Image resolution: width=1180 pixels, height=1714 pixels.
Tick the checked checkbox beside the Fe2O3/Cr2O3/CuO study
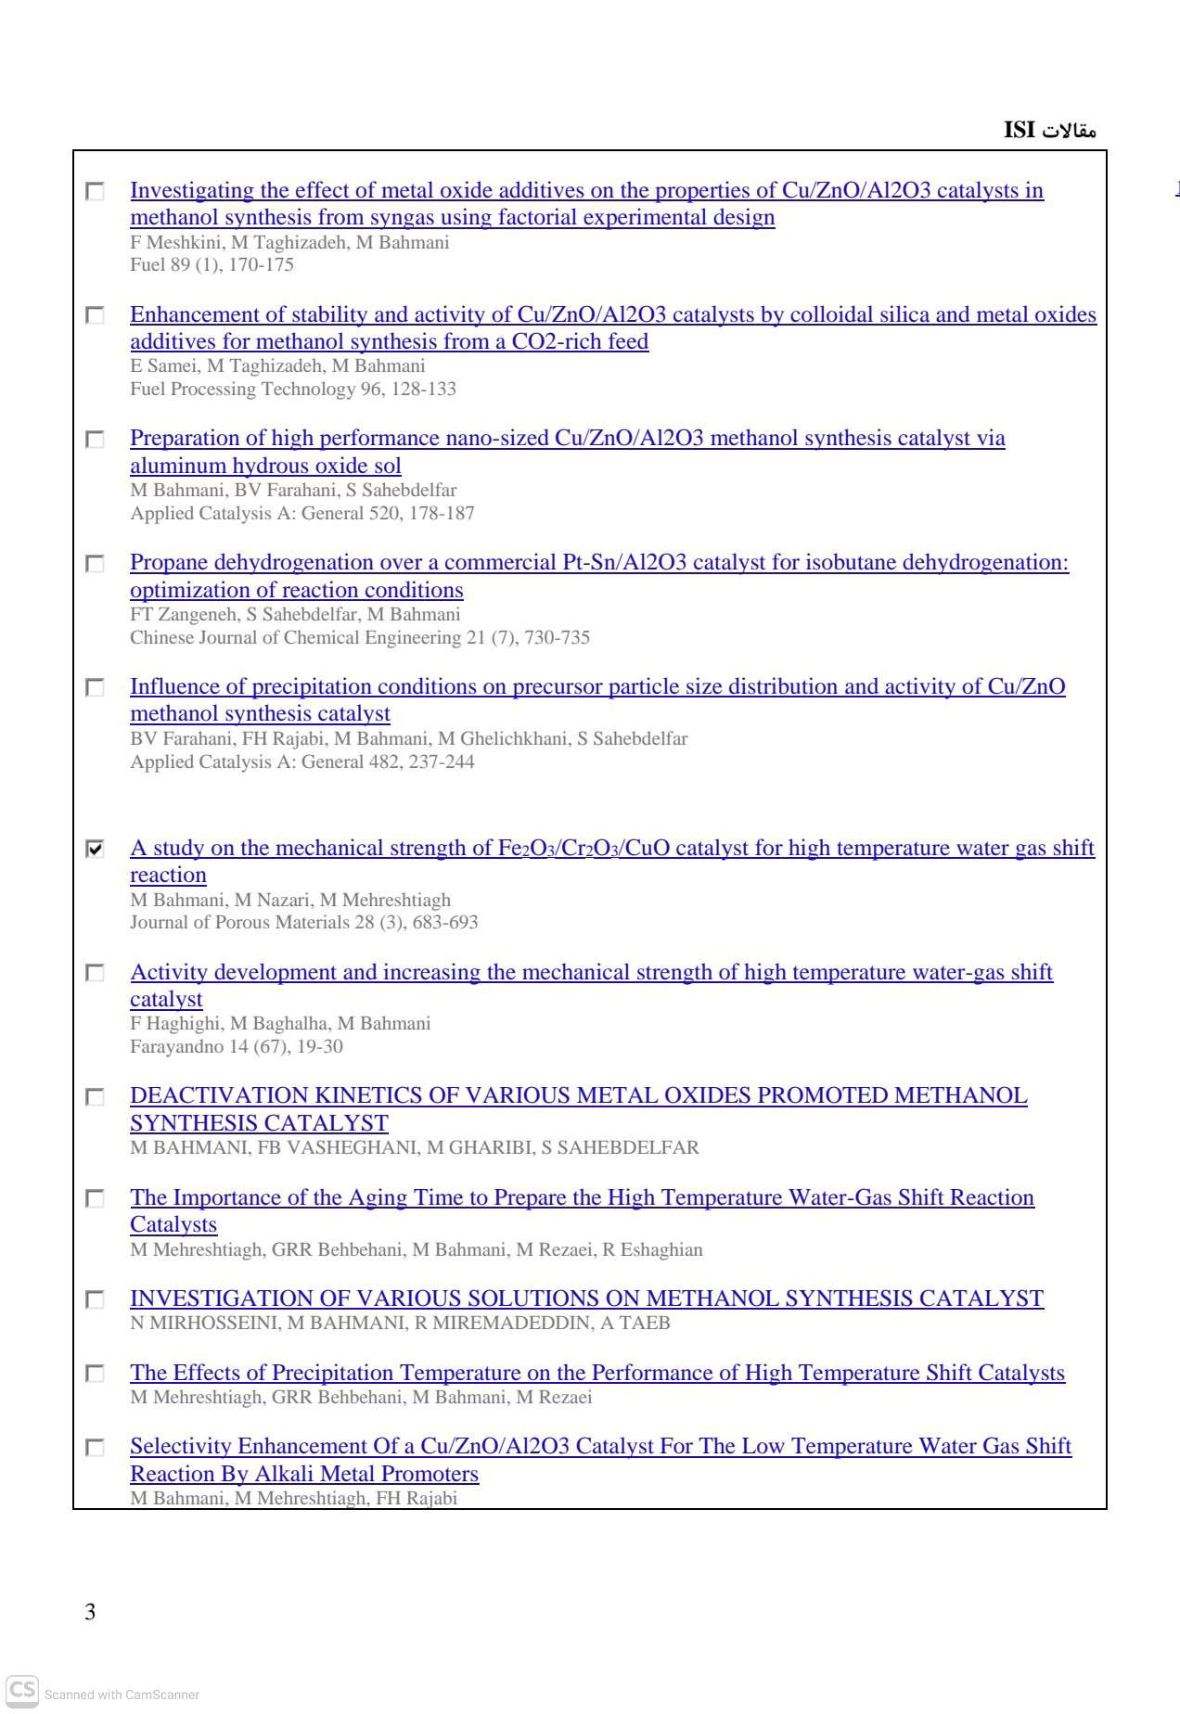click(x=95, y=849)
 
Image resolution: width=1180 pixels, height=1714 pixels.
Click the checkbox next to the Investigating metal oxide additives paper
click(x=95, y=192)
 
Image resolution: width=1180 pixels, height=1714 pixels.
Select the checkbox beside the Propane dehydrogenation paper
click(x=95, y=564)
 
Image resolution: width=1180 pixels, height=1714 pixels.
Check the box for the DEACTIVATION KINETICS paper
click(x=95, y=1097)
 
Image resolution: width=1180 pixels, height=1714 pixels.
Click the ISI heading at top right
click(x=1049, y=130)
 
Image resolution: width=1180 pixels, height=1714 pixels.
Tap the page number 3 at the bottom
click(x=90, y=1612)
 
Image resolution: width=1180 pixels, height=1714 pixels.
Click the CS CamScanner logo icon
click(x=22, y=1689)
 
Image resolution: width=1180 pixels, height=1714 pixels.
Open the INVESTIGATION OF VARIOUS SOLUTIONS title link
click(x=586, y=1298)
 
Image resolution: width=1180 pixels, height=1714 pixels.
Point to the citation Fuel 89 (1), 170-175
click(x=212, y=265)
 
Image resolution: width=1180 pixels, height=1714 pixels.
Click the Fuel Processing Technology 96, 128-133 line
click(x=293, y=390)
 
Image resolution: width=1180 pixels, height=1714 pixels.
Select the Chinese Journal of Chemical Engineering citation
click(x=360, y=638)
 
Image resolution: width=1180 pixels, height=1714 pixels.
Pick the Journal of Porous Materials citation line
click(x=304, y=923)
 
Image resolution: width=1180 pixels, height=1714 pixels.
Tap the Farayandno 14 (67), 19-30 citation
click(x=237, y=1047)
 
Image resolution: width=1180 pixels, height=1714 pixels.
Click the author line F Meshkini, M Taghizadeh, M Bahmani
click(x=289, y=243)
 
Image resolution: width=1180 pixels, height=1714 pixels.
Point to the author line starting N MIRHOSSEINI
click(x=400, y=1324)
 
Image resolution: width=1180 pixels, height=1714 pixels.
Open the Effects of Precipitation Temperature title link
click(x=597, y=1373)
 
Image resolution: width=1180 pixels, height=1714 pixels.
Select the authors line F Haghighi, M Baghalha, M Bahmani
click(x=280, y=1024)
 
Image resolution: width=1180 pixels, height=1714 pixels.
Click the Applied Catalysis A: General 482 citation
click(x=302, y=762)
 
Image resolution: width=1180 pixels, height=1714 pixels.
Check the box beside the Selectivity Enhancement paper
click(x=95, y=1448)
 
